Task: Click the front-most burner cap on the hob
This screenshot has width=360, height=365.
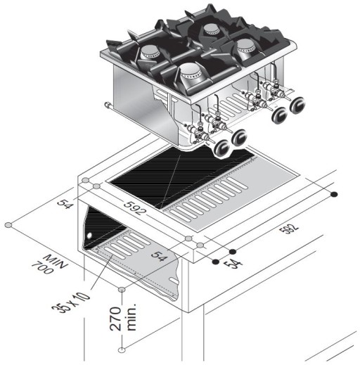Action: click(x=188, y=72)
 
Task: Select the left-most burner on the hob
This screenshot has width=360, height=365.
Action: click(x=150, y=51)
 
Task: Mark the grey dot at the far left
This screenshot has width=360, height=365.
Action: click(x=8, y=225)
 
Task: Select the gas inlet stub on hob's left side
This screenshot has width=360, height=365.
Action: click(x=108, y=106)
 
